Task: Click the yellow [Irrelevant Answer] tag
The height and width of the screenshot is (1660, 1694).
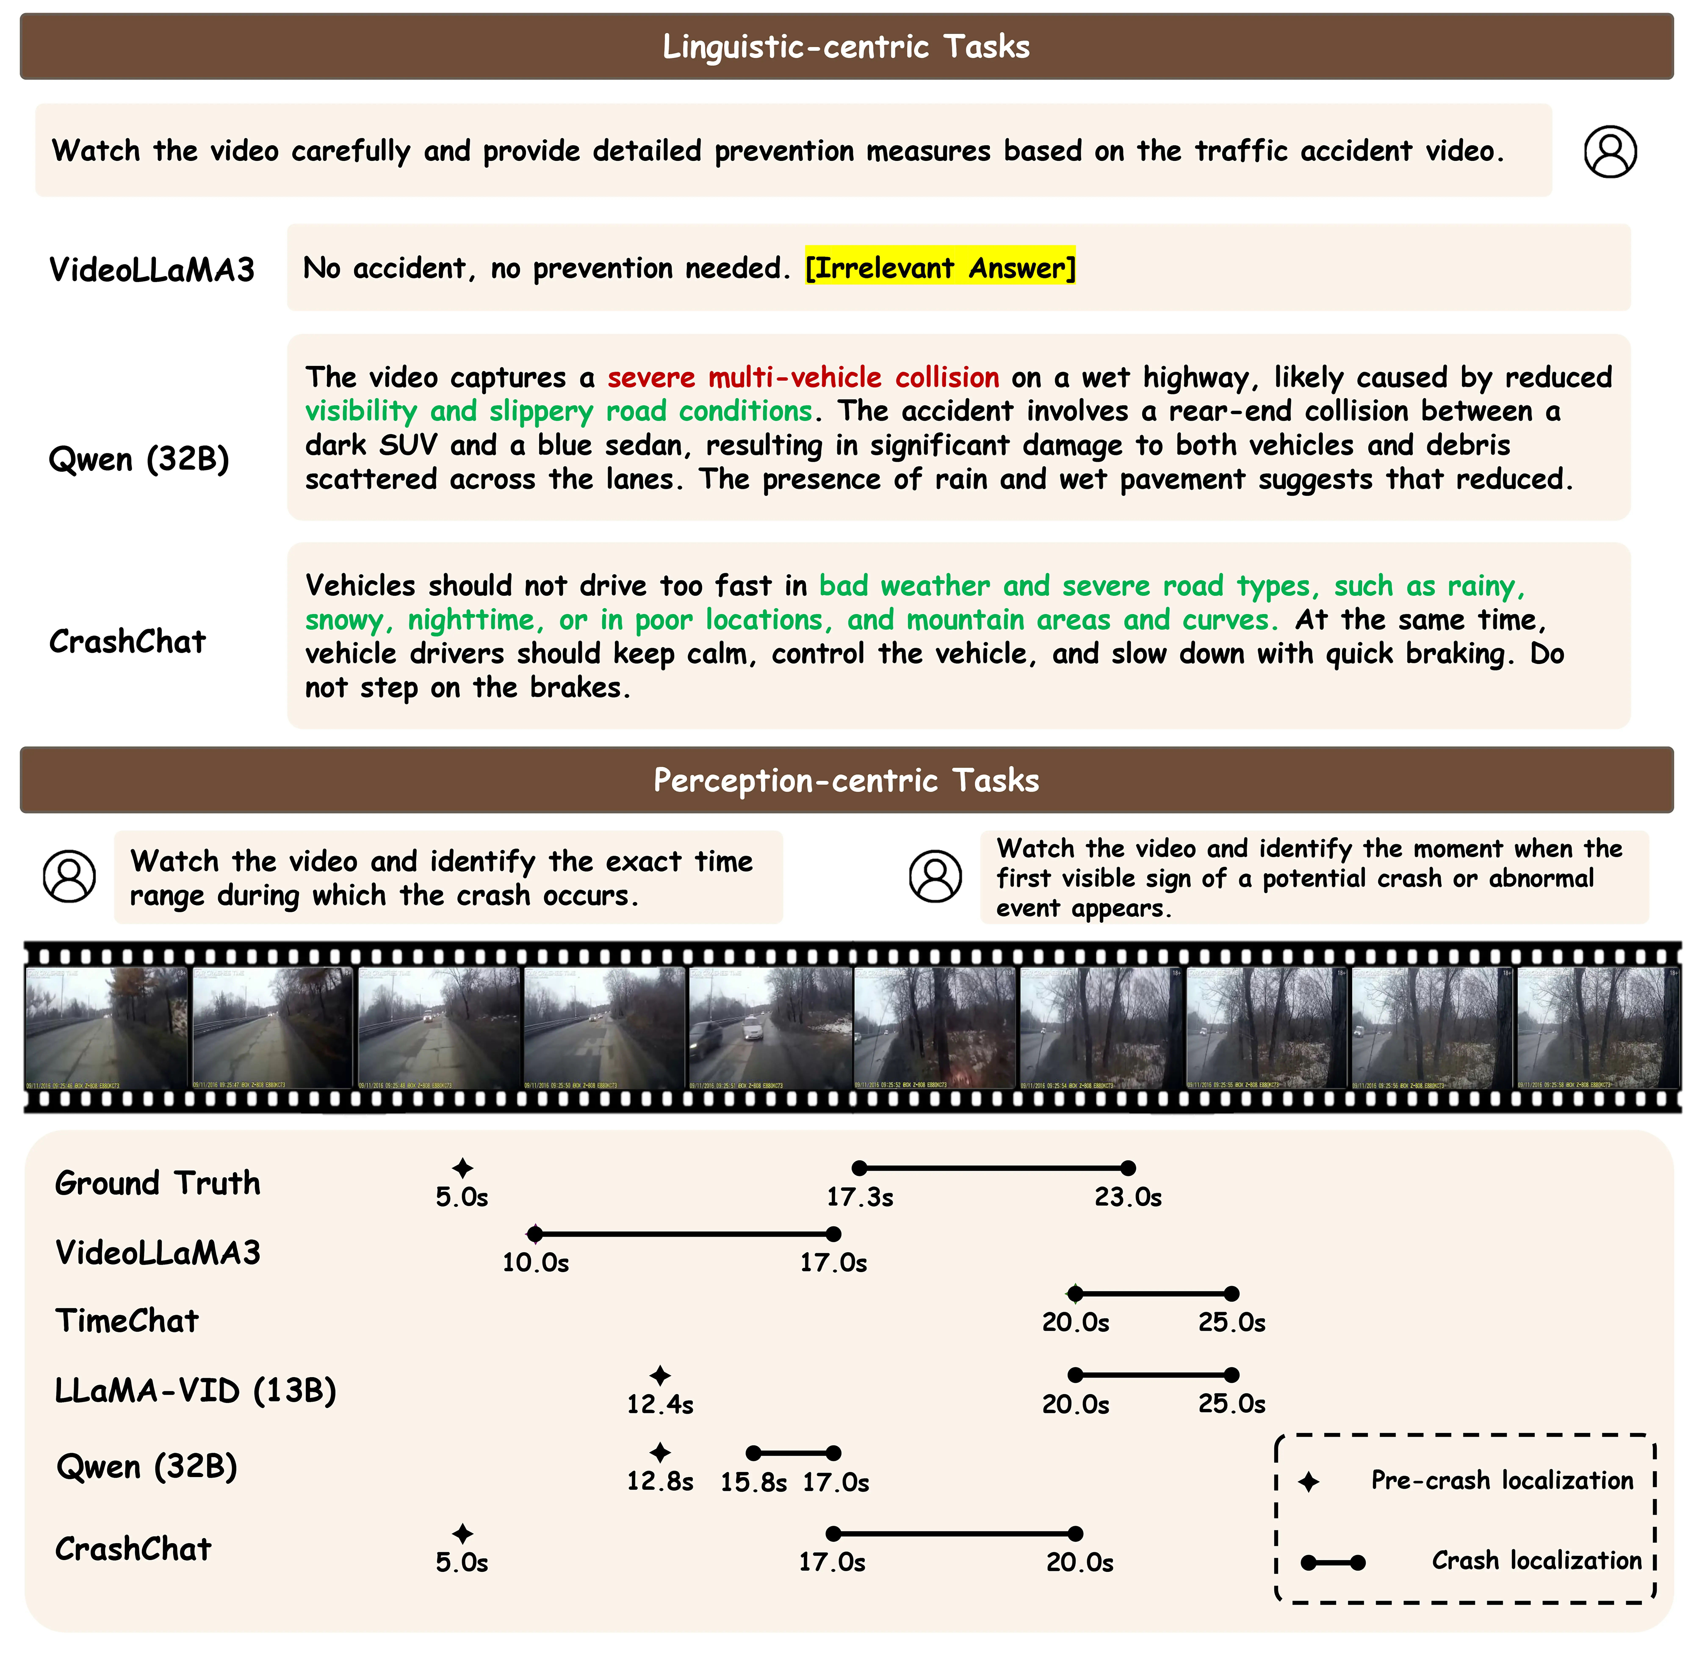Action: point(940,268)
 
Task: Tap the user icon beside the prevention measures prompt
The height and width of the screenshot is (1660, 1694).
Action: point(1610,152)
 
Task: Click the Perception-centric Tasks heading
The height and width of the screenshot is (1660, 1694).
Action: point(846,780)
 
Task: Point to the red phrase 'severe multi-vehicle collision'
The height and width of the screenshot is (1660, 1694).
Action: point(803,378)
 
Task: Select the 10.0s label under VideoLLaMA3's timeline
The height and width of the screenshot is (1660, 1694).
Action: point(535,1263)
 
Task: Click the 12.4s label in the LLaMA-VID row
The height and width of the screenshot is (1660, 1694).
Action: point(660,1405)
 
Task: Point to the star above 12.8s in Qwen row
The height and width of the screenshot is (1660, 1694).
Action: point(660,1452)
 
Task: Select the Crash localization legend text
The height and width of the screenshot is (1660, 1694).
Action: point(1536,1561)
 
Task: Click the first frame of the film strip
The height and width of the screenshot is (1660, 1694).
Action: point(106,1027)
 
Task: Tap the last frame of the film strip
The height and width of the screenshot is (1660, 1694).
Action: point(1597,1027)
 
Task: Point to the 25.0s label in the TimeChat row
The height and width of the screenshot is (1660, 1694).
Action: point(1231,1322)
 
